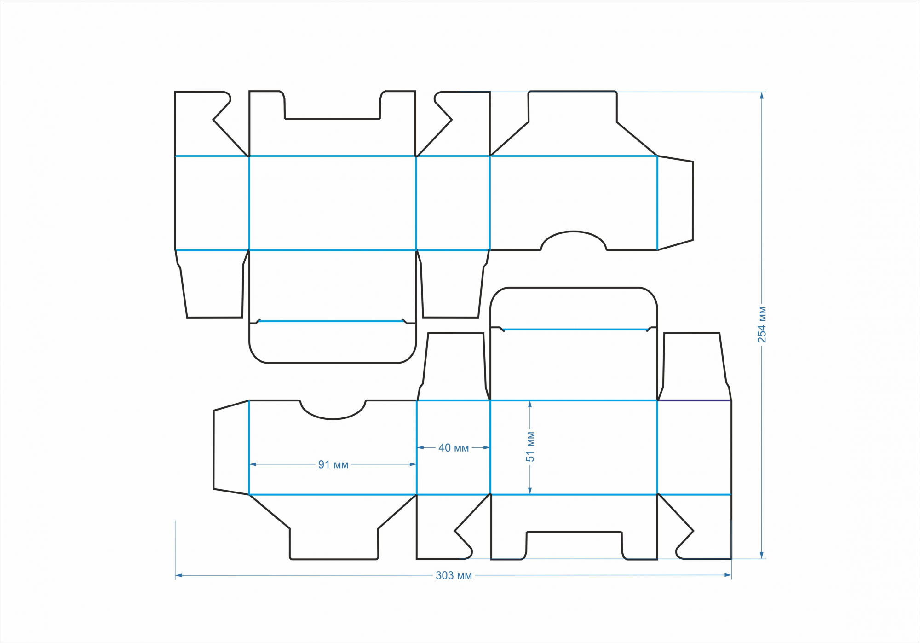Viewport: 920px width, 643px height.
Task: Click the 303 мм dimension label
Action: (454, 575)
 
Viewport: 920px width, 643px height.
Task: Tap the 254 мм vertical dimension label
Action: (762, 324)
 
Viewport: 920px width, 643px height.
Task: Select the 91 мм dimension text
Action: (333, 464)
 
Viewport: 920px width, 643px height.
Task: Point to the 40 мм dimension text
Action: (454, 448)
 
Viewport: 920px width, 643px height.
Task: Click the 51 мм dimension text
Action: (530, 446)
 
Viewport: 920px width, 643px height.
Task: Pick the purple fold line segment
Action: (694, 400)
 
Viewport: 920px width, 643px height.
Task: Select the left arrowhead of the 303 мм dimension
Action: (179, 575)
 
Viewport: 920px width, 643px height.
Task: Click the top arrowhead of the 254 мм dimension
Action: (762, 96)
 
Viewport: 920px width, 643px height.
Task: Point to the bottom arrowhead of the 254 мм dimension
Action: (762, 555)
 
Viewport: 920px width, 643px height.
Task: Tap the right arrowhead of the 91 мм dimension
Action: (413, 464)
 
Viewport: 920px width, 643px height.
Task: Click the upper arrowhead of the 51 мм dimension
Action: (530, 405)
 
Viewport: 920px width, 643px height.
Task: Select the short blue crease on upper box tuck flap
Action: (331, 321)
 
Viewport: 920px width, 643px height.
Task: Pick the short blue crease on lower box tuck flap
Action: (575, 330)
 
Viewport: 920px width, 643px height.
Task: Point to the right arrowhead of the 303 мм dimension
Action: (728, 575)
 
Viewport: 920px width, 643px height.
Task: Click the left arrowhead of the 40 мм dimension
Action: (420, 447)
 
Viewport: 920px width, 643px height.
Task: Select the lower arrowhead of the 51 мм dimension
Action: (530, 491)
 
